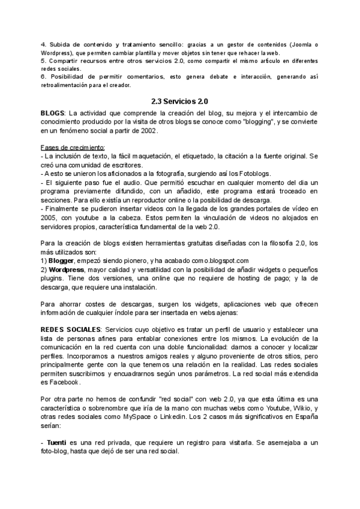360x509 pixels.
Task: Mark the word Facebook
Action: click(x=63, y=382)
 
